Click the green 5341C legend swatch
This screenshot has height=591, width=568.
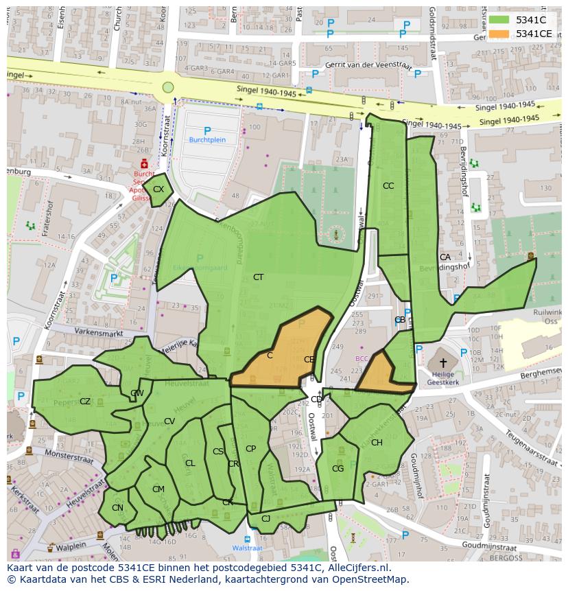499,21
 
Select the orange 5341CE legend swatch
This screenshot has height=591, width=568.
499,34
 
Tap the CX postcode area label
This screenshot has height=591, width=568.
158,189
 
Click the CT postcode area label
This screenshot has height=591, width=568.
258,277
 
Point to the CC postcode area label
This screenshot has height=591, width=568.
388,186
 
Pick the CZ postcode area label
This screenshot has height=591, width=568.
85,402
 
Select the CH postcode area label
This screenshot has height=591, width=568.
377,443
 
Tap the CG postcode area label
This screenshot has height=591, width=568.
338,469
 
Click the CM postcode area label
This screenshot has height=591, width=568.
158,489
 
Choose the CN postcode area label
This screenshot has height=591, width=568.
117,508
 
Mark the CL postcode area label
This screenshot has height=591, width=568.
190,463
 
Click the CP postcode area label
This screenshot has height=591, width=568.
250,449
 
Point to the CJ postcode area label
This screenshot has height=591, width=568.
265,519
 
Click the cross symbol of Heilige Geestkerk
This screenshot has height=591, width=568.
443,362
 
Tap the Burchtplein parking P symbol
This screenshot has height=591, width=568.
207,130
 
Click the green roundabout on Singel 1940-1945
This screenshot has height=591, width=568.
168,87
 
